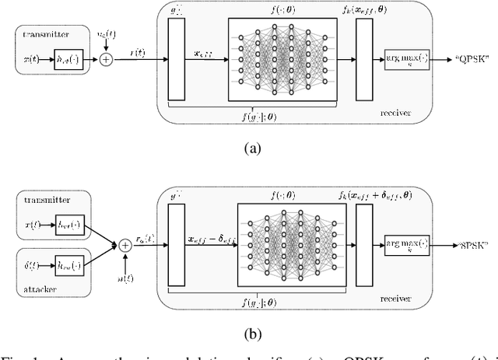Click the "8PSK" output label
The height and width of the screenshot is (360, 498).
click(x=472, y=245)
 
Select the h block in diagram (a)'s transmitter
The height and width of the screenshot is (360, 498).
click(x=65, y=59)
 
